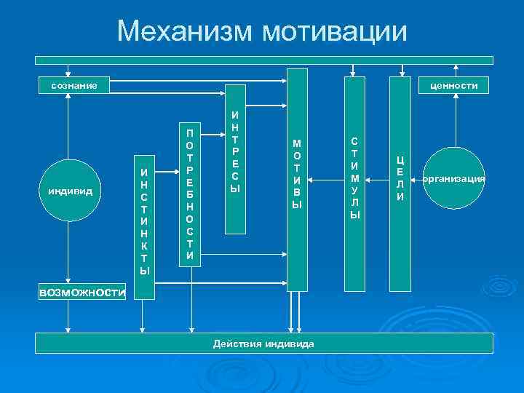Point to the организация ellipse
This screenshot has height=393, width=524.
click(453, 178)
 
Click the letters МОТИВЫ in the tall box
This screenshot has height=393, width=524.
click(296, 174)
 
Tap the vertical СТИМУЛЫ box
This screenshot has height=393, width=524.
click(354, 178)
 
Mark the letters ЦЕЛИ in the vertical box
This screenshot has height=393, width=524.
click(400, 178)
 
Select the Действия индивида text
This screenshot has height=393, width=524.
click(263, 344)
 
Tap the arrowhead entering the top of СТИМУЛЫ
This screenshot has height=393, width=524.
click(354, 73)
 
